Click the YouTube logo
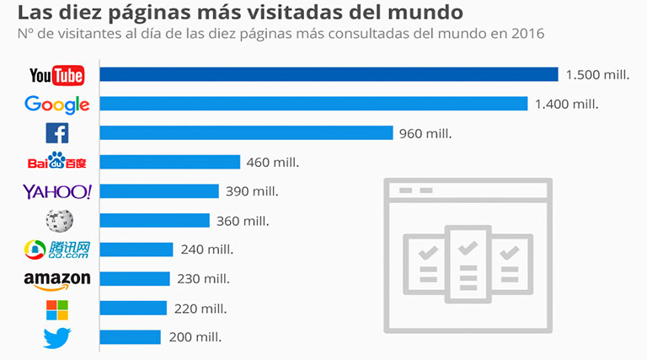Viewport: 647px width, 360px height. pyautogui.click(x=56, y=76)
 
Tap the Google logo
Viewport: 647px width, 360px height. pyautogui.click(x=56, y=105)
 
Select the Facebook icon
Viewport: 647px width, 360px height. pyautogui.click(x=56, y=133)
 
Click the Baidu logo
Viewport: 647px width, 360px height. pyautogui.click(x=56, y=162)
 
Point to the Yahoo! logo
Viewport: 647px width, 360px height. pyautogui.click(x=56, y=191)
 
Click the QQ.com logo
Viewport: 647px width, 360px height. pyautogui.click(x=56, y=250)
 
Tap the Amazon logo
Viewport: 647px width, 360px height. pyautogui.click(x=56, y=279)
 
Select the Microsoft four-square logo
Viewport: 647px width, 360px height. pyautogui.click(x=57, y=309)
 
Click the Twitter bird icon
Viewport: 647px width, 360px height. pyautogui.click(x=57, y=337)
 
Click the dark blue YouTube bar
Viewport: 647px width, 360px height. pyautogui.click(x=329, y=75)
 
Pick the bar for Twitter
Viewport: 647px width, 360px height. pyautogui.click(x=130, y=337)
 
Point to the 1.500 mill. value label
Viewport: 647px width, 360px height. pyautogui.click(x=597, y=75)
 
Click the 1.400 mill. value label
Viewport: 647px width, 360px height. pyautogui.click(x=567, y=105)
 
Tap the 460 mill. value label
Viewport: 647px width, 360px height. pyautogui.click(x=273, y=163)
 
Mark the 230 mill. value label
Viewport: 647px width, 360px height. pyautogui.click(x=202, y=279)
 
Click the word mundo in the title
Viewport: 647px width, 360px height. pyautogui.click(x=424, y=13)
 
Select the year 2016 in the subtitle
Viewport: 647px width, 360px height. pyautogui.click(x=527, y=34)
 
